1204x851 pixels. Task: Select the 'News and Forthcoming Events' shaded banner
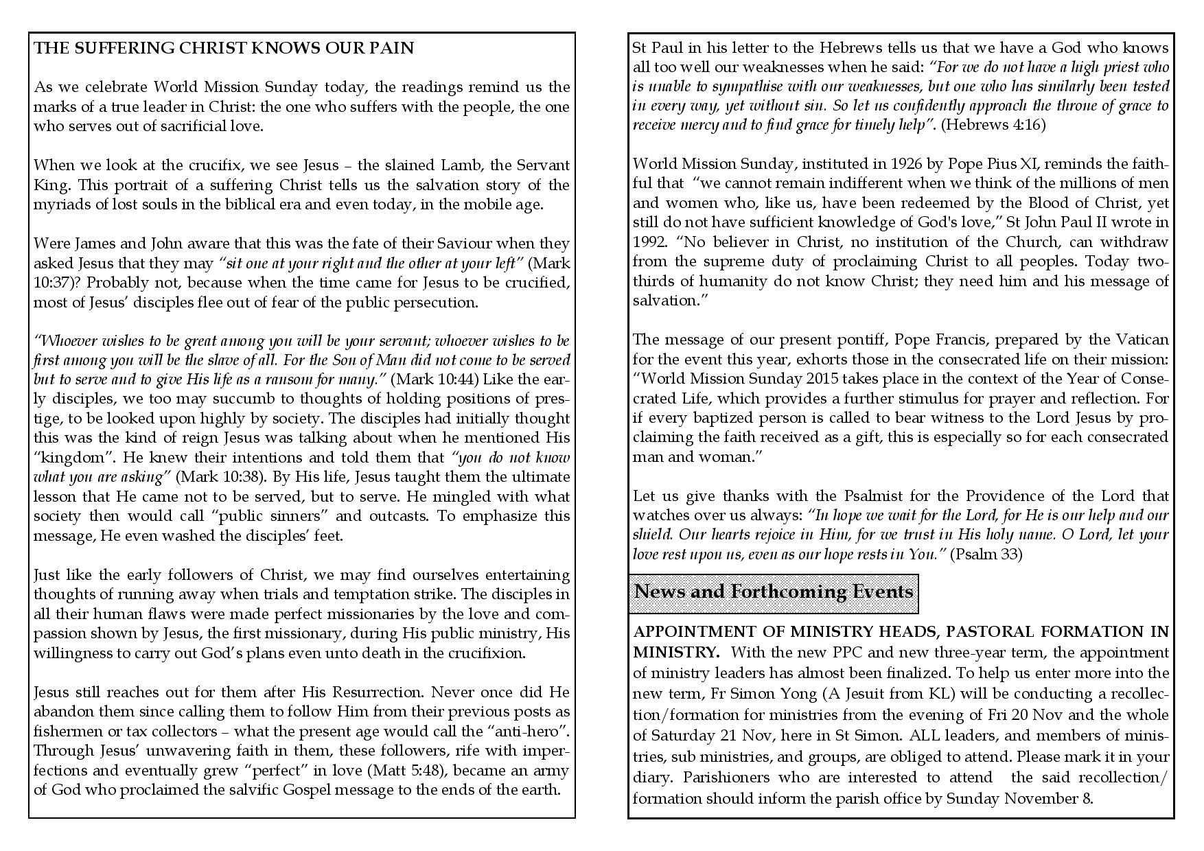point(774,592)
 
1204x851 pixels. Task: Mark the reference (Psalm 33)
point(986,555)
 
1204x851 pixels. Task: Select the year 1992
point(648,242)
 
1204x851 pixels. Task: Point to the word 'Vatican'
point(1140,340)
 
